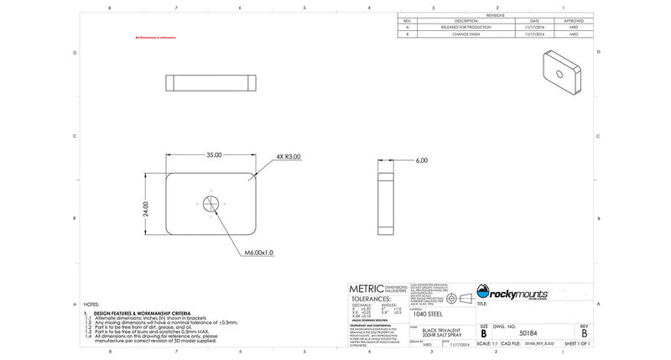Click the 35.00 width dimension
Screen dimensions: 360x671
point(214,155)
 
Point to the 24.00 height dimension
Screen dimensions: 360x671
point(145,208)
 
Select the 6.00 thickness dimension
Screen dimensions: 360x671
point(421,160)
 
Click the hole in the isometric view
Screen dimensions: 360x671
point(560,72)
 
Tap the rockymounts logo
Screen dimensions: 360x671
point(512,293)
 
